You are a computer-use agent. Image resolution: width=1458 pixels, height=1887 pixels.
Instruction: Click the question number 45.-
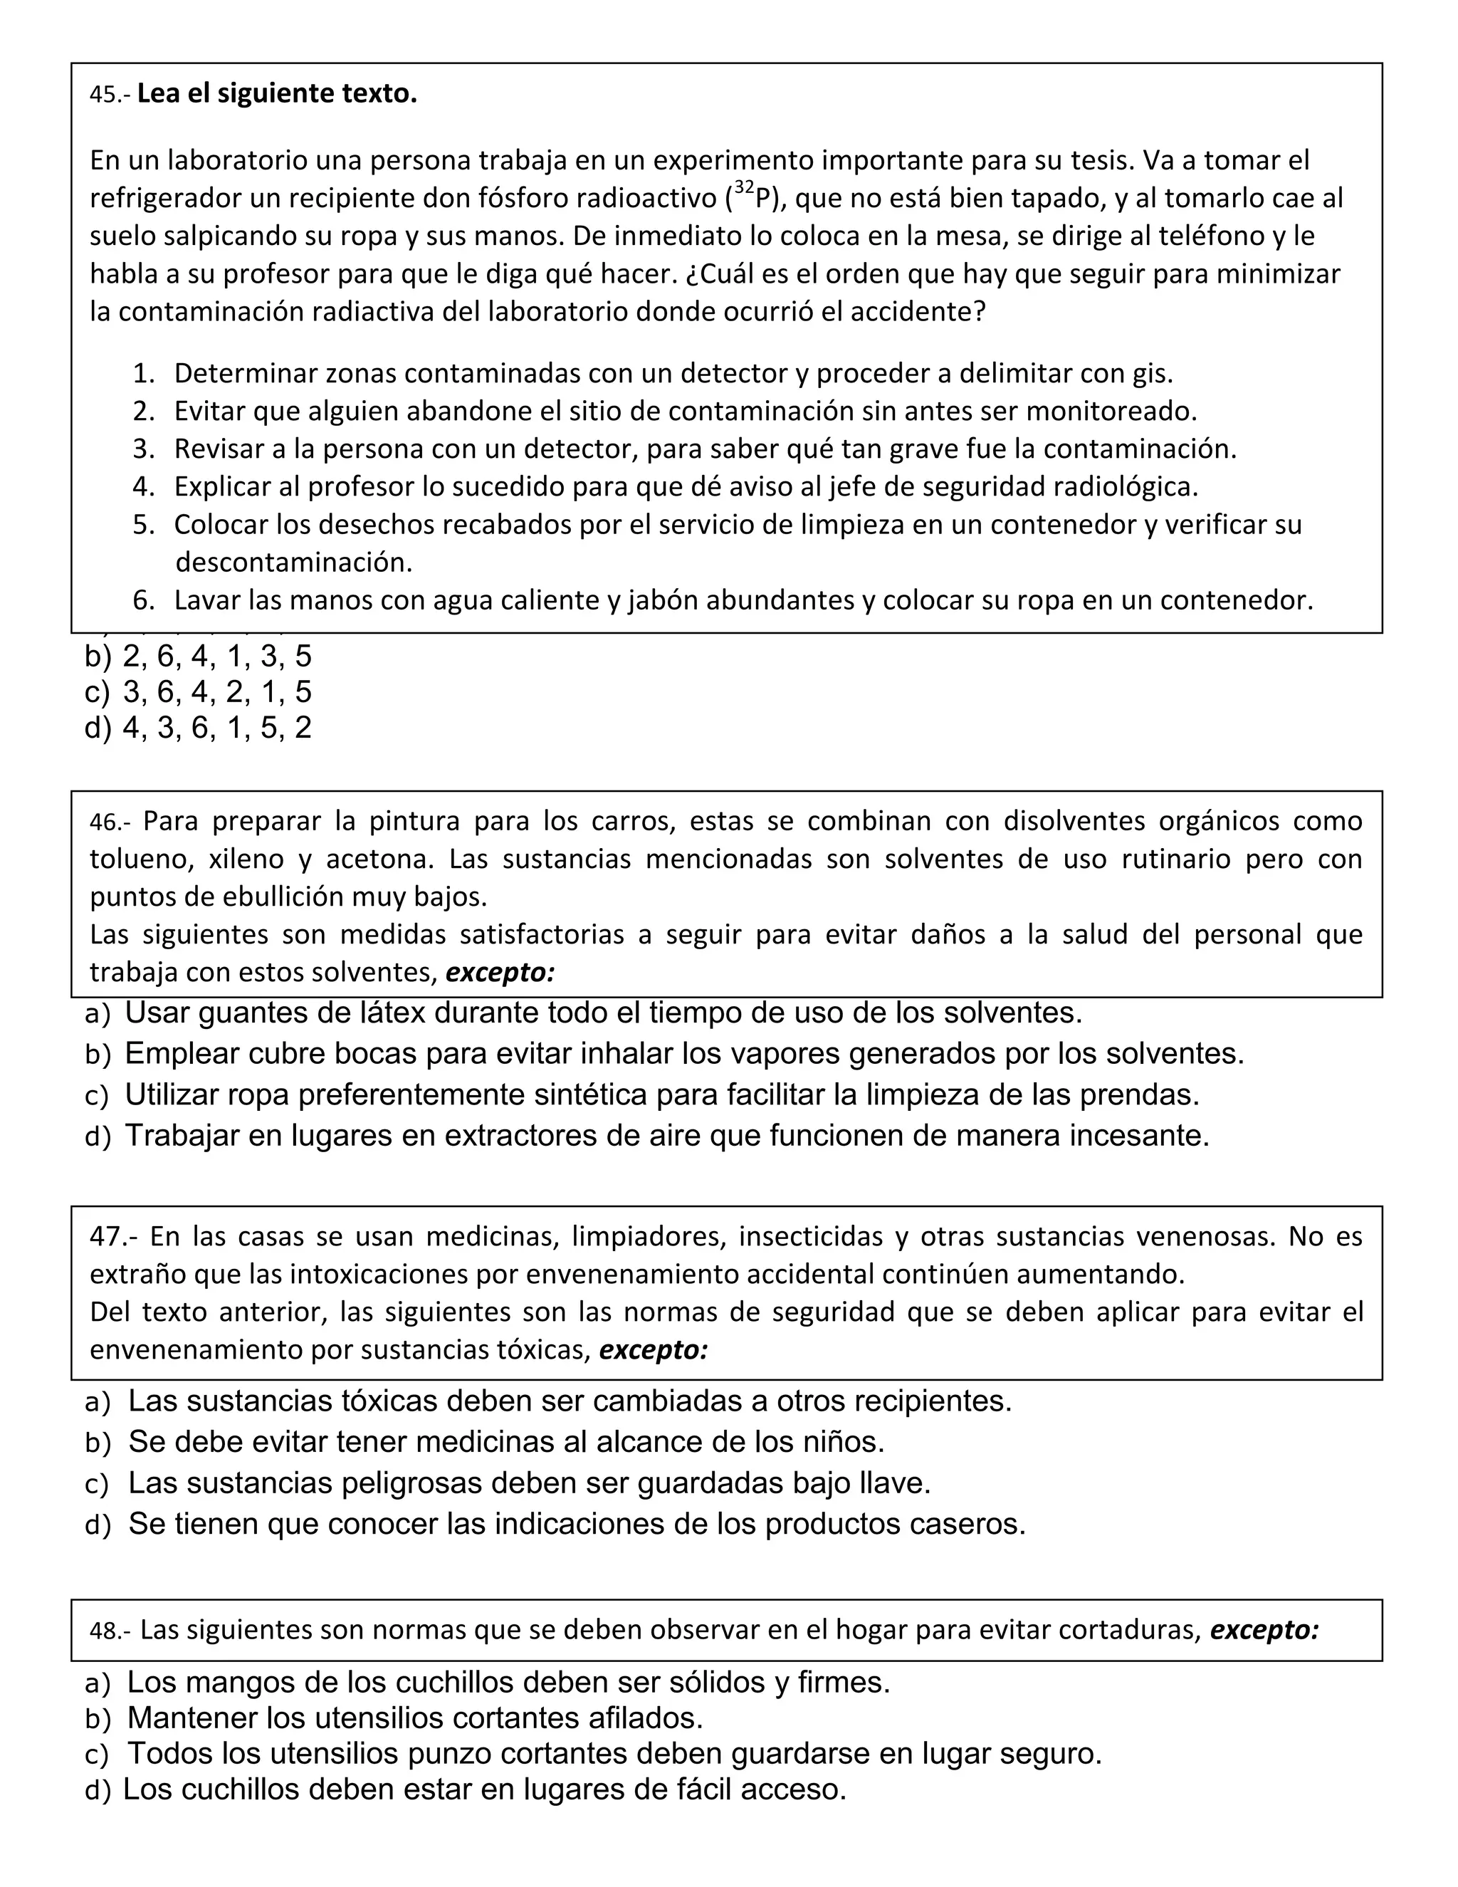(110, 94)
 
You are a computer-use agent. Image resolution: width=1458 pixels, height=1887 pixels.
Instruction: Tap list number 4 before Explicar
(142, 486)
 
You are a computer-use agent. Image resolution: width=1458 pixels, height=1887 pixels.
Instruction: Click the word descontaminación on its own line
(294, 563)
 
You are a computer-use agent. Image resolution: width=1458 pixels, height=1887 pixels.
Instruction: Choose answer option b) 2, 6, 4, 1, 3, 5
(199, 657)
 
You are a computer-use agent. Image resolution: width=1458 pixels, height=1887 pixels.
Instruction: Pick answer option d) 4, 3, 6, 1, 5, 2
(199, 728)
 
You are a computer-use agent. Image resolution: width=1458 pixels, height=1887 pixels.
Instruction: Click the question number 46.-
(110, 822)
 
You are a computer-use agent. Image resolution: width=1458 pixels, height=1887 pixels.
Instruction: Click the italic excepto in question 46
(499, 973)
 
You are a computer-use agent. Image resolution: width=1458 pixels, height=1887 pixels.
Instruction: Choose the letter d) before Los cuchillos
(98, 1790)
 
